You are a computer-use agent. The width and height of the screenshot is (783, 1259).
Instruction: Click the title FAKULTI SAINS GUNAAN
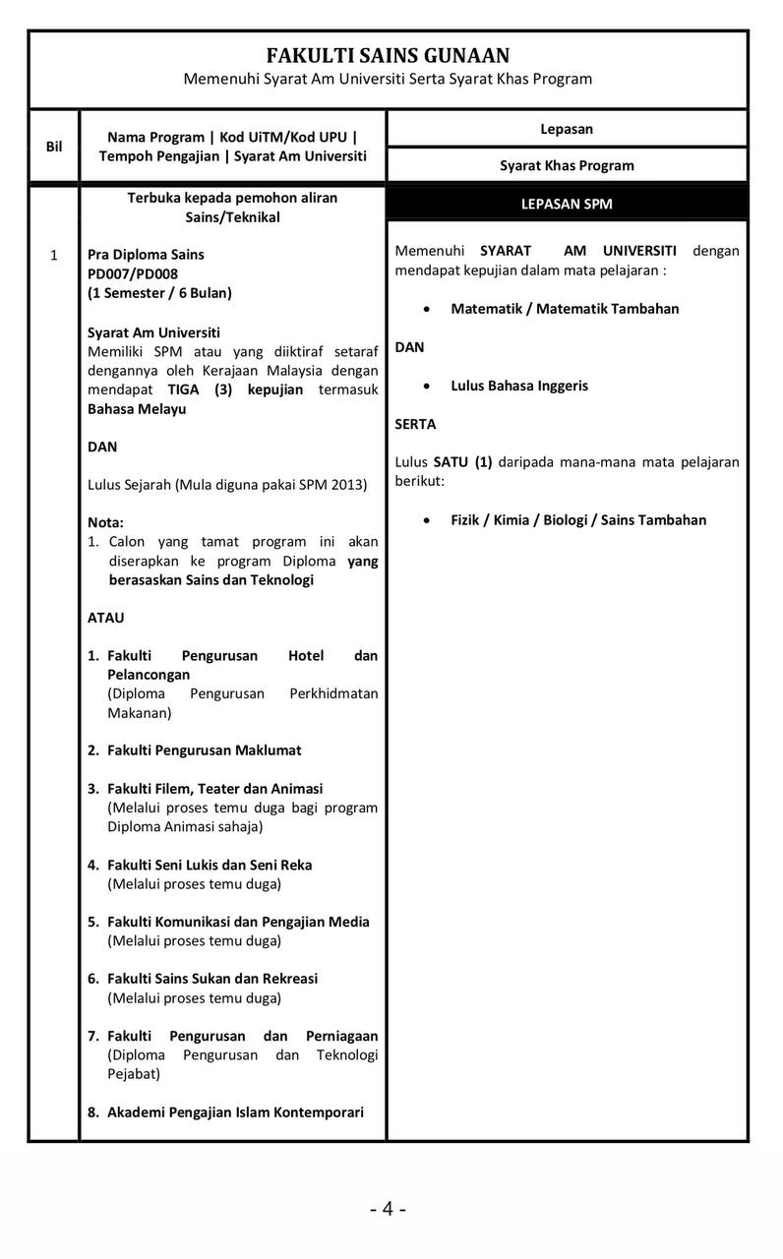click(x=388, y=56)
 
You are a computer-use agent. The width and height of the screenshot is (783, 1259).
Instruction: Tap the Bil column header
click(x=54, y=147)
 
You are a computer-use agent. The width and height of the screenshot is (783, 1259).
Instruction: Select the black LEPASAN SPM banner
click(x=567, y=205)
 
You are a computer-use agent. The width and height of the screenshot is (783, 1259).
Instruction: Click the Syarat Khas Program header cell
click(x=567, y=165)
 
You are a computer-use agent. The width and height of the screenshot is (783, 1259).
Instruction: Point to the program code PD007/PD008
click(x=133, y=273)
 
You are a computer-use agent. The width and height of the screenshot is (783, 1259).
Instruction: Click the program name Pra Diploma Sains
click(x=146, y=254)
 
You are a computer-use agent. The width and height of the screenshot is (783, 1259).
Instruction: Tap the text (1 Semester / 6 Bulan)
click(x=159, y=292)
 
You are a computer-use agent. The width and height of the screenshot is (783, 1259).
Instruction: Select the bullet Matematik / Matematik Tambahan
click(x=565, y=308)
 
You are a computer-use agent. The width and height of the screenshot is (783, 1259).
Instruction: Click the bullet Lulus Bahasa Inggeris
click(x=519, y=386)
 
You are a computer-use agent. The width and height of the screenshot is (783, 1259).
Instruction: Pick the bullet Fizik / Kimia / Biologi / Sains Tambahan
click(x=578, y=519)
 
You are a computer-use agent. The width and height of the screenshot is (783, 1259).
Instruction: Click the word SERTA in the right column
click(x=415, y=424)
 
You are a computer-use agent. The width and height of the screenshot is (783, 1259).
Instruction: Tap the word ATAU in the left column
click(x=106, y=618)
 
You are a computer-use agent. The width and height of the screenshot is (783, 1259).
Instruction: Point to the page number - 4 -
click(x=388, y=1209)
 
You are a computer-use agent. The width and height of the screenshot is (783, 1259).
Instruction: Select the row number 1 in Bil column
click(x=54, y=255)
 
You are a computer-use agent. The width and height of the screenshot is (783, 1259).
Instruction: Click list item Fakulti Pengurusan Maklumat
click(x=204, y=749)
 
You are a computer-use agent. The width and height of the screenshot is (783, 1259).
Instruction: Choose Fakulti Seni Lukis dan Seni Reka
click(x=210, y=865)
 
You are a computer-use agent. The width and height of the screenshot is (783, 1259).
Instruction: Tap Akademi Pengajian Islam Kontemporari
click(x=235, y=1111)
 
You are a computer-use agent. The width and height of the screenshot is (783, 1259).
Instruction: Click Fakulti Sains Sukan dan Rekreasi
click(x=212, y=978)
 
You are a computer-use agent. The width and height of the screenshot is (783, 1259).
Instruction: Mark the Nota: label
click(x=105, y=522)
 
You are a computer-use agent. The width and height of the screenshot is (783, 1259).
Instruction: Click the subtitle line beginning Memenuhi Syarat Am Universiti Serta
click(x=388, y=79)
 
